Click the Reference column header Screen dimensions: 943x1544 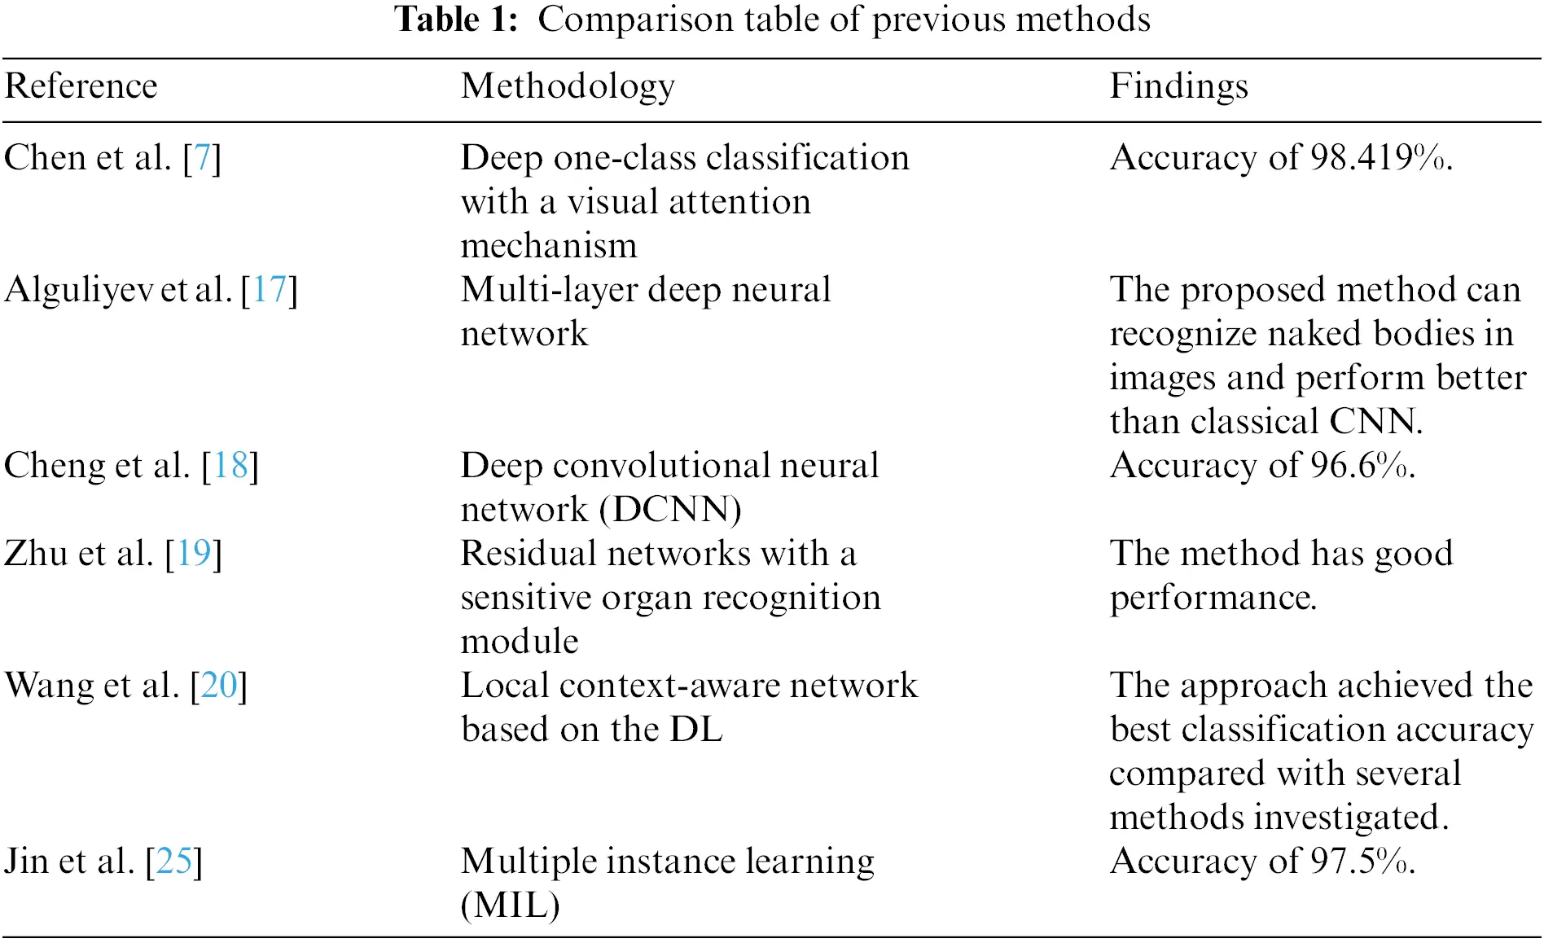click(x=81, y=86)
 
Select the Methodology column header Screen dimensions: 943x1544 click(x=568, y=86)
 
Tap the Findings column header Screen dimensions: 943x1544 click(x=1178, y=86)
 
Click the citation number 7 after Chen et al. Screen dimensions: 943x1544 click(x=202, y=158)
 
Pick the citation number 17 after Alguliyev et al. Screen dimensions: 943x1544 click(x=270, y=290)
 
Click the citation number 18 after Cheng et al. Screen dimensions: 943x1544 click(x=230, y=466)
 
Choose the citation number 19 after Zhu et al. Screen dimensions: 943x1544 click(x=194, y=554)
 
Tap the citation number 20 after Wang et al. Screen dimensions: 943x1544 click(x=218, y=686)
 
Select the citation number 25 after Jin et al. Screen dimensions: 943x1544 click(x=174, y=862)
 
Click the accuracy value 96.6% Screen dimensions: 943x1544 click(x=1361, y=466)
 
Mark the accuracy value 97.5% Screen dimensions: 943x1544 click(x=1361, y=862)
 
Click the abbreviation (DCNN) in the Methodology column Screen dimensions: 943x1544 click(x=670, y=510)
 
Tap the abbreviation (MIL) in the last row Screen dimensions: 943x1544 click(x=511, y=906)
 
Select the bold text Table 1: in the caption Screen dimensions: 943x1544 click(x=456, y=20)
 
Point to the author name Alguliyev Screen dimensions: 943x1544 click(x=78, y=290)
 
